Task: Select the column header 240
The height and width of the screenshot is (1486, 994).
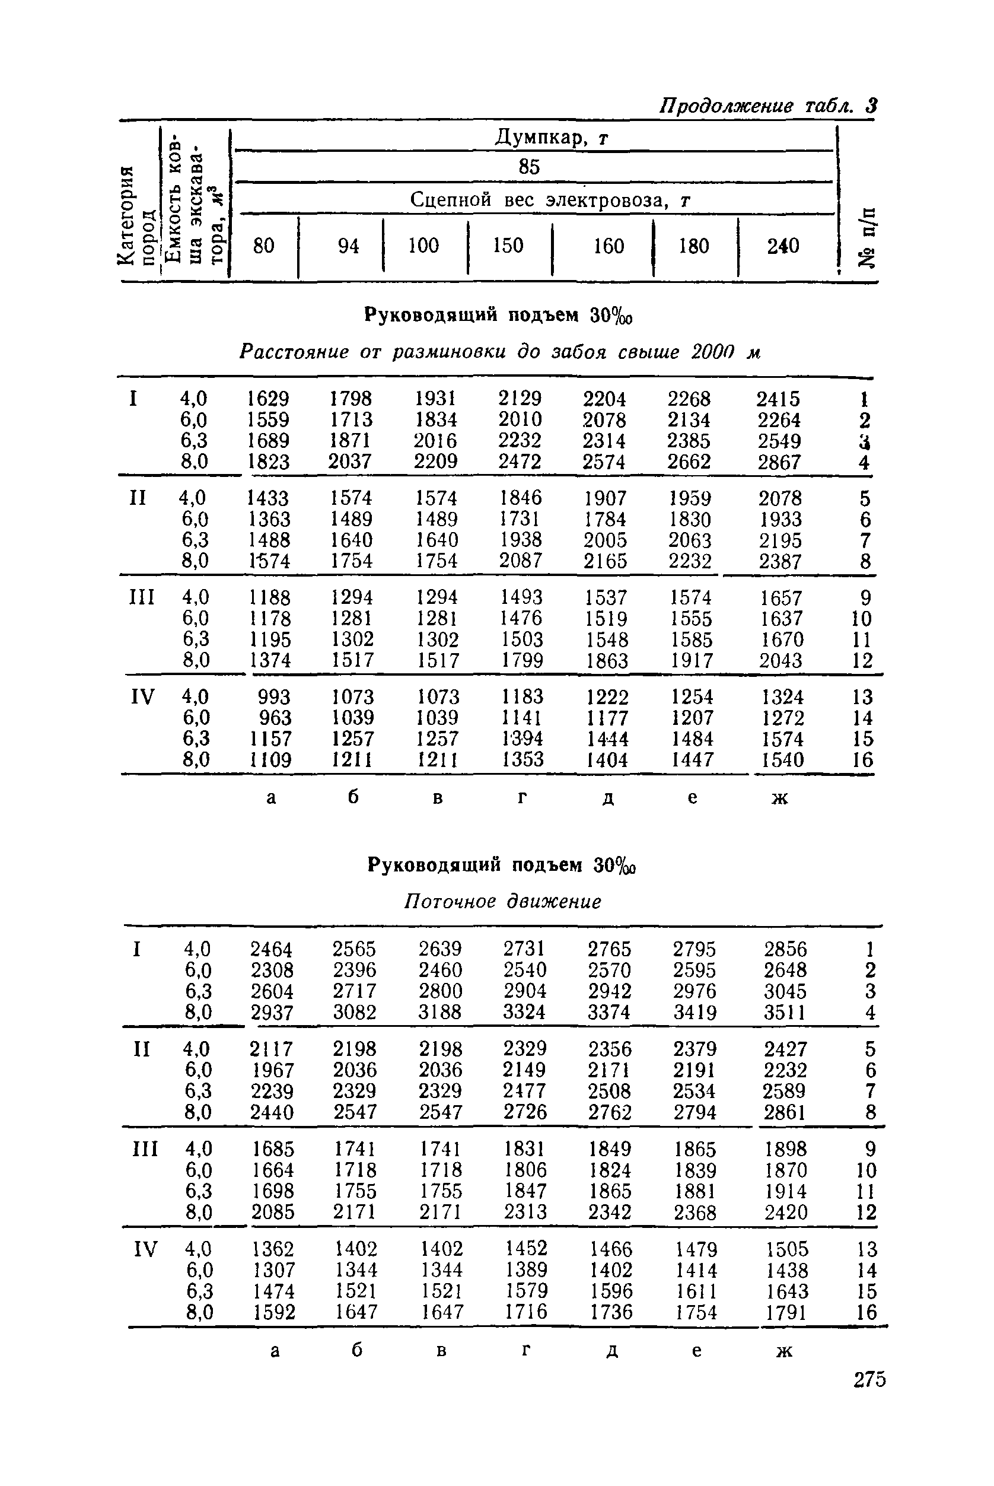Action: click(x=783, y=246)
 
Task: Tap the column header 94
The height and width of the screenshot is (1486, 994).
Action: click(x=349, y=246)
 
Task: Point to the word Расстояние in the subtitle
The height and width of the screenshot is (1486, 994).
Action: click(x=294, y=351)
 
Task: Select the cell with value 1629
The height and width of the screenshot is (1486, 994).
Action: click(x=268, y=399)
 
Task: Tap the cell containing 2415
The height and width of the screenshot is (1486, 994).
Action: click(x=779, y=399)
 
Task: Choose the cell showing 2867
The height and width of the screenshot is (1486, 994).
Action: click(x=780, y=462)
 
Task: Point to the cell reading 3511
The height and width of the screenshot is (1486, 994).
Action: click(x=785, y=1012)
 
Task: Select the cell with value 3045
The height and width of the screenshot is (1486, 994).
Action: click(x=785, y=991)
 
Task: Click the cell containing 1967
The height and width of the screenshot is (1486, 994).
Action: click(x=273, y=1070)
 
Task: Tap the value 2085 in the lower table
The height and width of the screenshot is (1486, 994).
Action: click(x=273, y=1212)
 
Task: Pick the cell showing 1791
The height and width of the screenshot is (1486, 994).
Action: click(x=786, y=1312)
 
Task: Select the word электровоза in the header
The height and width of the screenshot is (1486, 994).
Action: click(x=608, y=201)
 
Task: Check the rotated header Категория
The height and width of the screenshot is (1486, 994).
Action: click(x=128, y=215)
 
